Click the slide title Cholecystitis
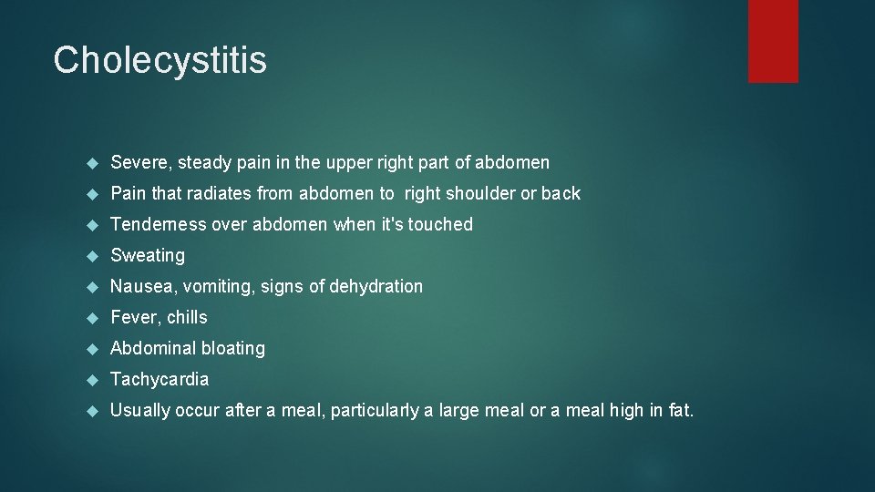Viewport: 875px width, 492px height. pyautogui.click(x=160, y=60)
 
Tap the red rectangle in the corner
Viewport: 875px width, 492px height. pyautogui.click(x=773, y=41)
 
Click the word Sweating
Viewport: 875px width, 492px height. pyautogui.click(x=148, y=255)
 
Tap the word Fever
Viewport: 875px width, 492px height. pyautogui.click(x=133, y=317)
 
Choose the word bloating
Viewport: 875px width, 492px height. pyautogui.click(x=229, y=348)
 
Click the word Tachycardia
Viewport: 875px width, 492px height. pyautogui.click(x=160, y=379)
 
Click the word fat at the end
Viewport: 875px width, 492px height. pyautogui.click(x=679, y=410)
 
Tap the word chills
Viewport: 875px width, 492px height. pyautogui.click(x=187, y=317)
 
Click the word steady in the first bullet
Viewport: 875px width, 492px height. pyautogui.click(x=205, y=163)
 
